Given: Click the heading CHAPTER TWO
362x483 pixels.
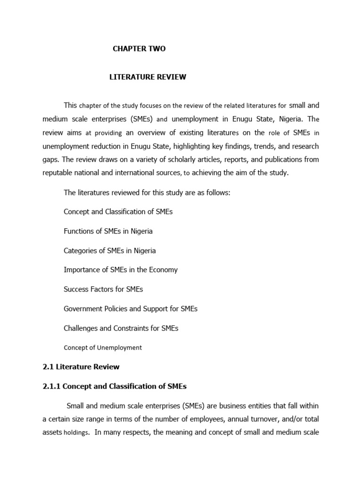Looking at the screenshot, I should click(x=139, y=49).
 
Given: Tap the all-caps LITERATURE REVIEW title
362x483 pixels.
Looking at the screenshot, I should click(x=148, y=77).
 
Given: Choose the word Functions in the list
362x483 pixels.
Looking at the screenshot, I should click(x=79, y=231).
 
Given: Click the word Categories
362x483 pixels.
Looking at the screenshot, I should click(x=81, y=250).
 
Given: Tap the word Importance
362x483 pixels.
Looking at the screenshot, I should click(x=81, y=270).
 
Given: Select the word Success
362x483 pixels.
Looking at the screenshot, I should click(x=75, y=289).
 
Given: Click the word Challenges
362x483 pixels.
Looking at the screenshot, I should click(x=81, y=328).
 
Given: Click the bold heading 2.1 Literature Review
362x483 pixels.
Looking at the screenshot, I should click(x=81, y=366).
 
